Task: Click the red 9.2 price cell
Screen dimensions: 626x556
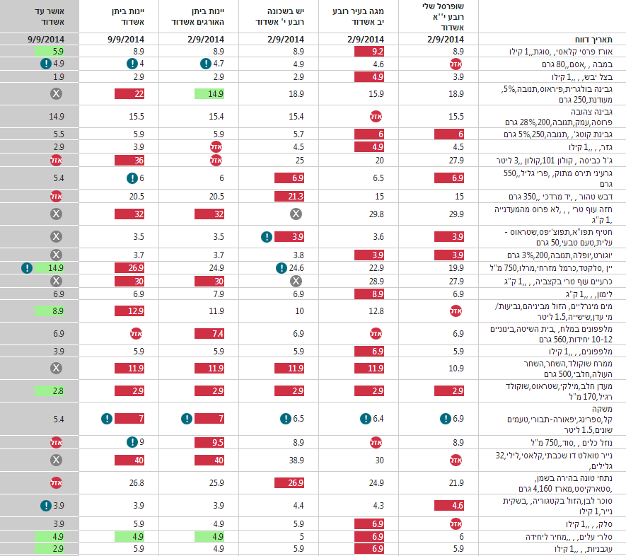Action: point(369,52)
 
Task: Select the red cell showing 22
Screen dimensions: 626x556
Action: point(129,94)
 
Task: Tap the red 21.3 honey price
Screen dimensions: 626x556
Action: point(289,197)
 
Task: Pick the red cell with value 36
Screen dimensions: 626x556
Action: point(129,161)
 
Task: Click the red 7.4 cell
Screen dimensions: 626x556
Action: point(209,333)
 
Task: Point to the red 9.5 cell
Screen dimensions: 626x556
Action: point(209,442)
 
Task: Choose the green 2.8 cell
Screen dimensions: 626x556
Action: point(50,390)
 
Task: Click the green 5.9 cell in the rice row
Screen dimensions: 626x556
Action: point(50,52)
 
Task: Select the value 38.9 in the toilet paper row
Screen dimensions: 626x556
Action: point(296,461)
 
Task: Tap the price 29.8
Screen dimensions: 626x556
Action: point(376,214)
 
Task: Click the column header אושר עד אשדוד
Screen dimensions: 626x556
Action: point(49,16)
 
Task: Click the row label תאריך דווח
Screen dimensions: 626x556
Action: point(593,40)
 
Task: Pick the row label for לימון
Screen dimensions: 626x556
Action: point(589,294)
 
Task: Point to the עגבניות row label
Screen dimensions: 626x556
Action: point(584,549)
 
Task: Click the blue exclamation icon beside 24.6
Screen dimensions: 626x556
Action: point(282,268)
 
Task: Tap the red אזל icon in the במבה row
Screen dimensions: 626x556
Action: point(456,64)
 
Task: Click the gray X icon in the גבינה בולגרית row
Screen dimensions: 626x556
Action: point(57,94)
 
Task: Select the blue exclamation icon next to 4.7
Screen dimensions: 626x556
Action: point(206,64)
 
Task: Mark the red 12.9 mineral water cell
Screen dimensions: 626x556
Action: point(129,311)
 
